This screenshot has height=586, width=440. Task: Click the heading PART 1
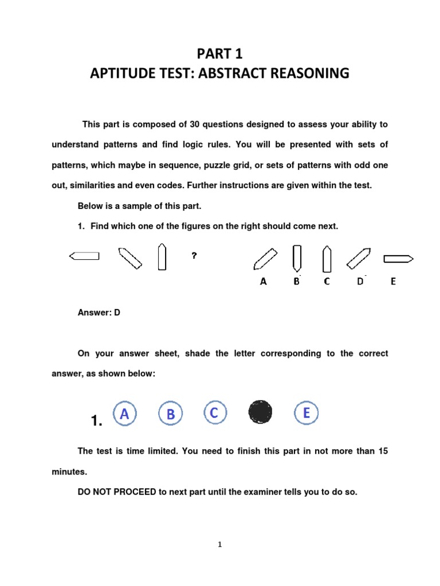click(220, 54)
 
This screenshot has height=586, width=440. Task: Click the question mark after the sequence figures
click(194, 256)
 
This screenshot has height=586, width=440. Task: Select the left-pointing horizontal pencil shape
click(84, 256)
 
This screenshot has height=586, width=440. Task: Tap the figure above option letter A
click(265, 258)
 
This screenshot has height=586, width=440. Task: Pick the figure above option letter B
click(297, 258)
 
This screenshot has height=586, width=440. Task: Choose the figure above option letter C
click(327, 258)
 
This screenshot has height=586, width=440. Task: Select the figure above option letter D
click(359, 258)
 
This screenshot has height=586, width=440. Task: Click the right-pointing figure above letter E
click(398, 259)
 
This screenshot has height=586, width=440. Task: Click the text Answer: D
click(99, 312)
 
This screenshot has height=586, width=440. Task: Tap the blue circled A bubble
click(124, 413)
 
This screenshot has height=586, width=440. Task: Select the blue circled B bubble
click(170, 414)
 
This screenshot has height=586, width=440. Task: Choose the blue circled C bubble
click(215, 413)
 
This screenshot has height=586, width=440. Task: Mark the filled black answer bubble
click(260, 412)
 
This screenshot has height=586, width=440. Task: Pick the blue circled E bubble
click(307, 413)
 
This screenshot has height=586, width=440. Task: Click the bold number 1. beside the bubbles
click(96, 422)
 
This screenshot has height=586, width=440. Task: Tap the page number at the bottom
click(219, 544)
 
